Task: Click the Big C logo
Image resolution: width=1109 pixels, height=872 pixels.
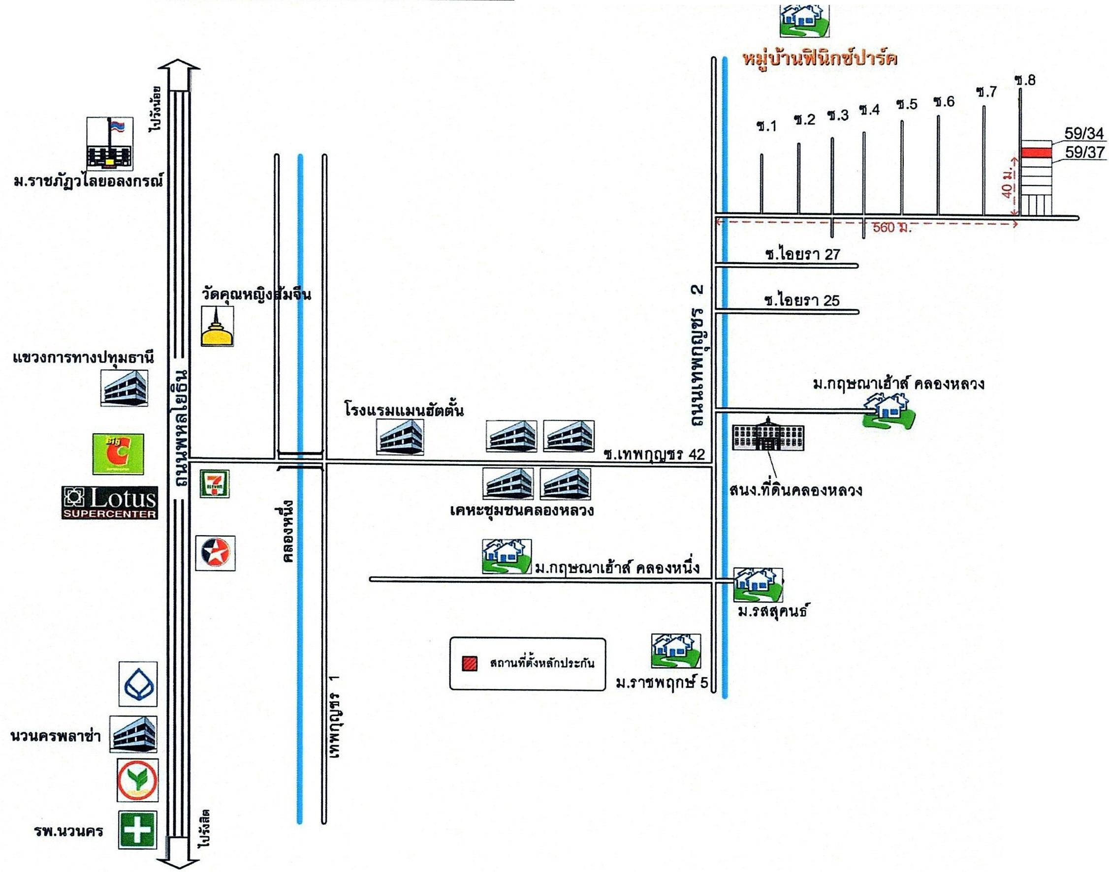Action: pyautogui.click(x=118, y=453)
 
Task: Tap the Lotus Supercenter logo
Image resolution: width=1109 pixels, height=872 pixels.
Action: pyautogui.click(x=109, y=502)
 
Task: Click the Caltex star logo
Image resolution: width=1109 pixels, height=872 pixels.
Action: pyautogui.click(x=216, y=553)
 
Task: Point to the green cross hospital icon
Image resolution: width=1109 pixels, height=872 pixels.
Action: pyautogui.click(x=137, y=830)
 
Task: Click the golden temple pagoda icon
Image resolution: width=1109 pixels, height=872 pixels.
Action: pyautogui.click(x=217, y=327)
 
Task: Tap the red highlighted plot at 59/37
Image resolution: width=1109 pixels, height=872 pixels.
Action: pyautogui.click(x=1036, y=152)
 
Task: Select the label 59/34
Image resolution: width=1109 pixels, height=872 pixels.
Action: pyautogui.click(x=1084, y=134)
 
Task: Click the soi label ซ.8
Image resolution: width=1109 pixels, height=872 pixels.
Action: pyautogui.click(x=1025, y=81)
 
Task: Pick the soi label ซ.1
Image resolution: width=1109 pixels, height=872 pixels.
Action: pyautogui.click(x=767, y=126)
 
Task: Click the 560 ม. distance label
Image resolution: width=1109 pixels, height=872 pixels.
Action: pyautogui.click(x=891, y=228)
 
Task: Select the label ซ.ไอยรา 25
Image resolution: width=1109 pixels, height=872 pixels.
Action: pyautogui.click(x=801, y=300)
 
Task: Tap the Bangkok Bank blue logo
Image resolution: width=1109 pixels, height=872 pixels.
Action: pyautogui.click(x=138, y=684)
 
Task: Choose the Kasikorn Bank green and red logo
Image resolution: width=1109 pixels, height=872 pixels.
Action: pyautogui.click(x=137, y=780)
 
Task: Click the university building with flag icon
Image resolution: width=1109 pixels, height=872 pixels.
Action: pyautogui.click(x=109, y=144)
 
